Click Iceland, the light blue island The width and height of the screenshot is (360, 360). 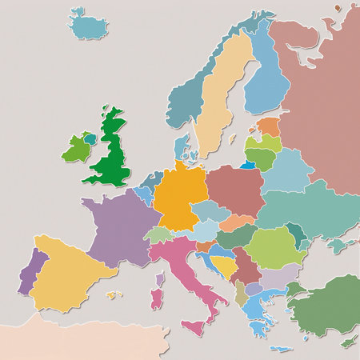(x=88, y=26)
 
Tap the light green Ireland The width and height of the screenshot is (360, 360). (x=78, y=150)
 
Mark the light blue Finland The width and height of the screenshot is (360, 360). (x=266, y=80)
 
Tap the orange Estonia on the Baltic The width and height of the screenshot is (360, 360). (x=270, y=126)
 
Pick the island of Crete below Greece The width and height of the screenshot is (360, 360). (x=280, y=349)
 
